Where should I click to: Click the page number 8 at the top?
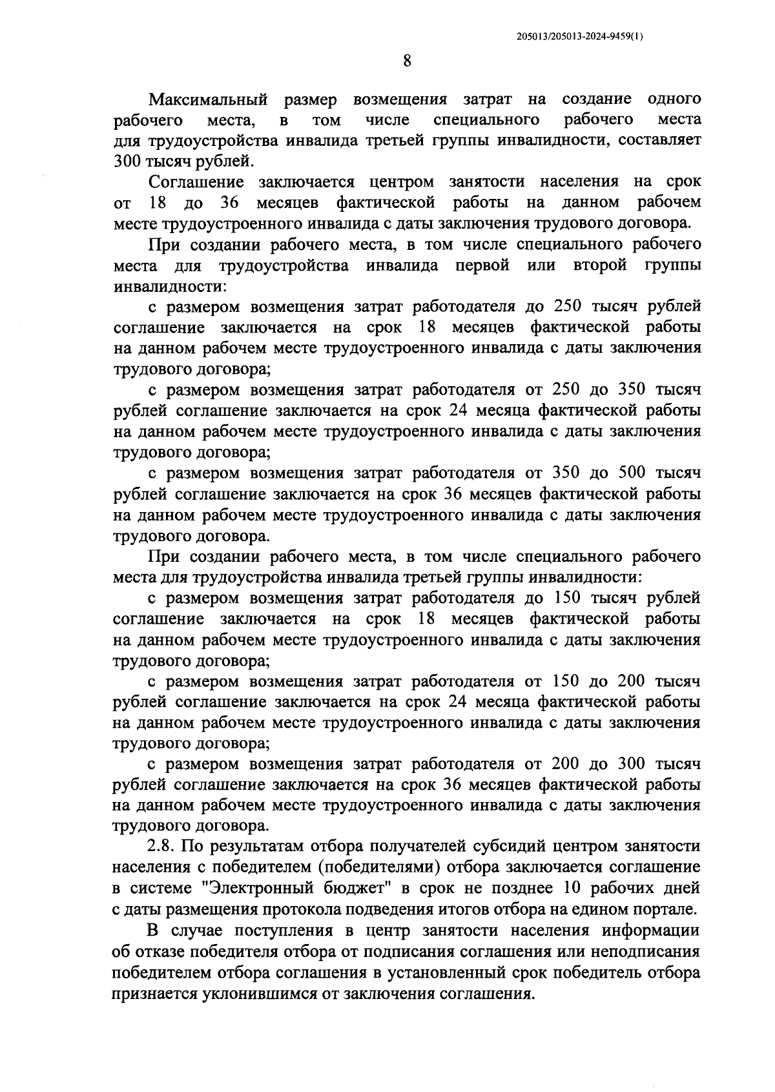(x=407, y=61)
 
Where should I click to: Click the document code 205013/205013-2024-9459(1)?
(x=580, y=37)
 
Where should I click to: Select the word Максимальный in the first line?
(x=208, y=99)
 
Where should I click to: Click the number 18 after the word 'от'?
(x=158, y=203)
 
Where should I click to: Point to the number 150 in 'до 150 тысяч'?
(x=568, y=598)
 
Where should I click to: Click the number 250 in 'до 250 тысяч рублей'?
(x=568, y=307)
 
